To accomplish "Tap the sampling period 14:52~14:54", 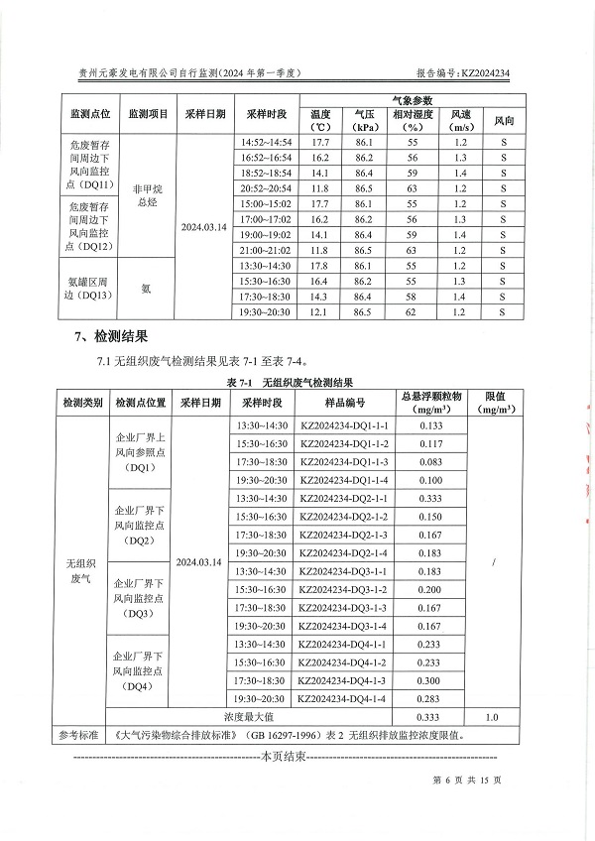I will [x=266, y=144].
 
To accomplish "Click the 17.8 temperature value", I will [x=319, y=266].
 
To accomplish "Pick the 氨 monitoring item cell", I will [x=147, y=289].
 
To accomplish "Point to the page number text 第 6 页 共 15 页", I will [x=467, y=781].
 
